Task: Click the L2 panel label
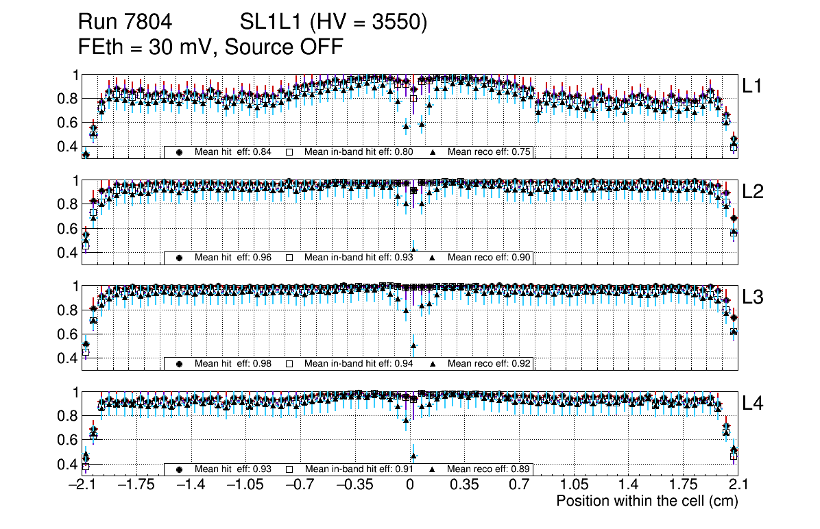coord(753,192)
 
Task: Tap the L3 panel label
coord(753,297)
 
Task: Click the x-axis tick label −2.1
coord(82,485)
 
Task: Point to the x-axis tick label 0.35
coord(464,485)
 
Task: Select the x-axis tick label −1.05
coord(245,485)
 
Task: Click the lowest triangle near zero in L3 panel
coord(413,345)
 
